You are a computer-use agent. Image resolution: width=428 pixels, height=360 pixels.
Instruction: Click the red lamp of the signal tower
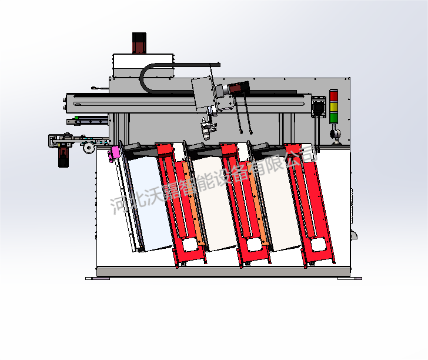(333, 96)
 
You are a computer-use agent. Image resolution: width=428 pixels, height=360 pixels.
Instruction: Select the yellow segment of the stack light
(333, 107)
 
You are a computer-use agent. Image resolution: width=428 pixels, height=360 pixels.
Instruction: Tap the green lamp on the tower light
(333, 118)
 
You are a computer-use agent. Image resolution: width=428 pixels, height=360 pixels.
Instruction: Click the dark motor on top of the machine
(139, 43)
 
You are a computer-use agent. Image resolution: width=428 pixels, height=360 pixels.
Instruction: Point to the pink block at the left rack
(115, 153)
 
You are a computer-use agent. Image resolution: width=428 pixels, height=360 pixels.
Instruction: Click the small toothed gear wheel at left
(89, 148)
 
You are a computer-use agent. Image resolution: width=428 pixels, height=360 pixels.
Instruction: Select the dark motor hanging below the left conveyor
(63, 158)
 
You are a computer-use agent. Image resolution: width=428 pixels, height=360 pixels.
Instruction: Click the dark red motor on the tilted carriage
(238, 88)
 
